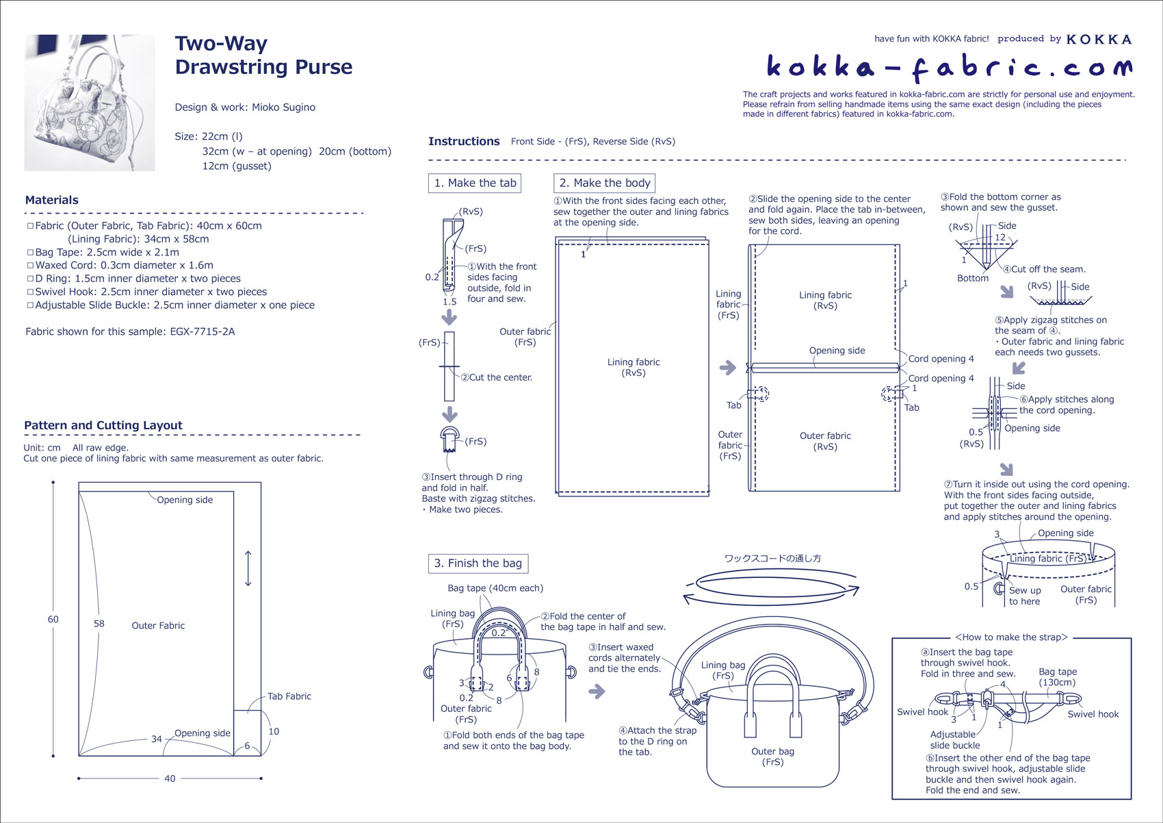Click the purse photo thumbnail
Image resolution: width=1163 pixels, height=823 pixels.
point(90,103)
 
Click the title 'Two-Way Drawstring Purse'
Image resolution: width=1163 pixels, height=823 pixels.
point(263,55)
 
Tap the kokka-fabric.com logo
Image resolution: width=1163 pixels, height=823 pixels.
point(949,66)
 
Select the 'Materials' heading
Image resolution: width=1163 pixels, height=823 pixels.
point(52,200)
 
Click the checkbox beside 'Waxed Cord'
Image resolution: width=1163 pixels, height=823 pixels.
point(30,266)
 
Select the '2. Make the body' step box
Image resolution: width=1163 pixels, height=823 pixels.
point(605,183)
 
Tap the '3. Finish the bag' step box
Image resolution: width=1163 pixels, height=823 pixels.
point(478,563)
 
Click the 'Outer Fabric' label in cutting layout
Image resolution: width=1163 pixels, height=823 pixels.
point(158,625)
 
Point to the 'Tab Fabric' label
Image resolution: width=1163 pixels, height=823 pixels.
point(289,696)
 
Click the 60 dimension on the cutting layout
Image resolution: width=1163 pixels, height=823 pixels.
point(53,619)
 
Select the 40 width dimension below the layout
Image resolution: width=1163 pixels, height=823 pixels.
point(170,778)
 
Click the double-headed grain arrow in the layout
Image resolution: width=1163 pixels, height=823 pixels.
point(248,568)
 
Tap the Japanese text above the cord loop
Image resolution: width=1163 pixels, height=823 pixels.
point(772,558)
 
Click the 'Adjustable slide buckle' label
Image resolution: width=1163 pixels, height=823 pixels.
point(954,739)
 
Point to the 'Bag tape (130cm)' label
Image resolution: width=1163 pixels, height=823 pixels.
point(1057,676)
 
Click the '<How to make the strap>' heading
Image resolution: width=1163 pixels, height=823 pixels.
point(1011,637)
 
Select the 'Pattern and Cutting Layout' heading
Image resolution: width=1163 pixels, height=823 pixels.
point(103,425)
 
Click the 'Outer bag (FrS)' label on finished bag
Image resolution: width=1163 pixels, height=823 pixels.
point(772,756)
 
